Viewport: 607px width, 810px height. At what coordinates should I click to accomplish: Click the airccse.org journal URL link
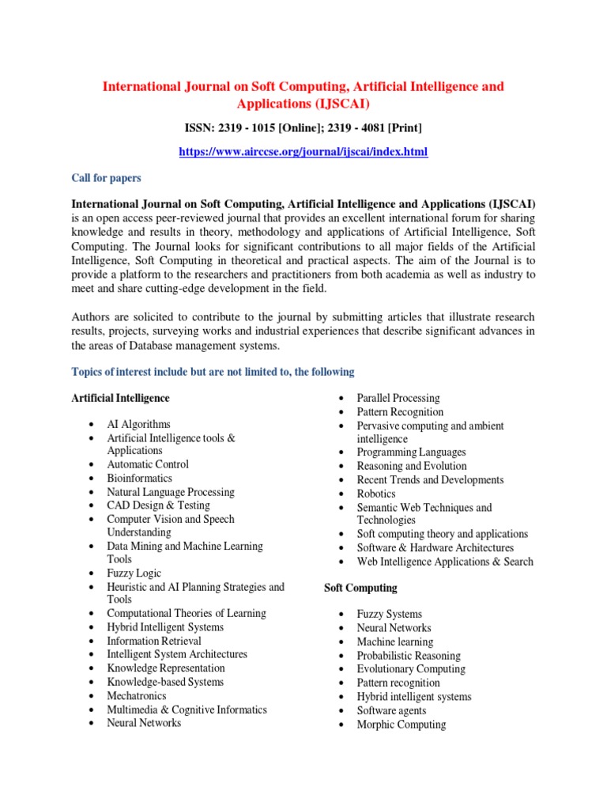303,151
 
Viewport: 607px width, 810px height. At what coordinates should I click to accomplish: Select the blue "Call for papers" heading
106,178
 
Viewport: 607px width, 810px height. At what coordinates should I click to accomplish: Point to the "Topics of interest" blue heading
213,372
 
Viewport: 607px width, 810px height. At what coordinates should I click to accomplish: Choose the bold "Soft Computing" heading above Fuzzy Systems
360,588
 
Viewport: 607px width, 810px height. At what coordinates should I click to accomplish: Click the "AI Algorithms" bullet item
138,424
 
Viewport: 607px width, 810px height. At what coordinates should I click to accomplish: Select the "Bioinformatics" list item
139,478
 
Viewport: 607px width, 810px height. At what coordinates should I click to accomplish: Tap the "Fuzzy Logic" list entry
134,573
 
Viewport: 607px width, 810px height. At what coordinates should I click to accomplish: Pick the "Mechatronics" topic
137,695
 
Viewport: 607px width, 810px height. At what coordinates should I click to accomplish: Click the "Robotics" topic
376,494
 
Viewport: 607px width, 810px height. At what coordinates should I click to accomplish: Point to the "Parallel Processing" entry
398,398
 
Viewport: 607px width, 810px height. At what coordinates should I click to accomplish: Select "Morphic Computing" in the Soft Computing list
401,724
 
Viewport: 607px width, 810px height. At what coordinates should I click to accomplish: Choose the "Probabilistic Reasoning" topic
408,656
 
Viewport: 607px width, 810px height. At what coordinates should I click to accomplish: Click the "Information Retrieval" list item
154,641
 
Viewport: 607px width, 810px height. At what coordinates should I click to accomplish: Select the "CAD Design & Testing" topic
158,505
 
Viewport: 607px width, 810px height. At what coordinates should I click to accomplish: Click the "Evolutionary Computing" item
410,669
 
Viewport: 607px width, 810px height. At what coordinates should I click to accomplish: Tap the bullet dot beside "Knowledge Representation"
93,668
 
